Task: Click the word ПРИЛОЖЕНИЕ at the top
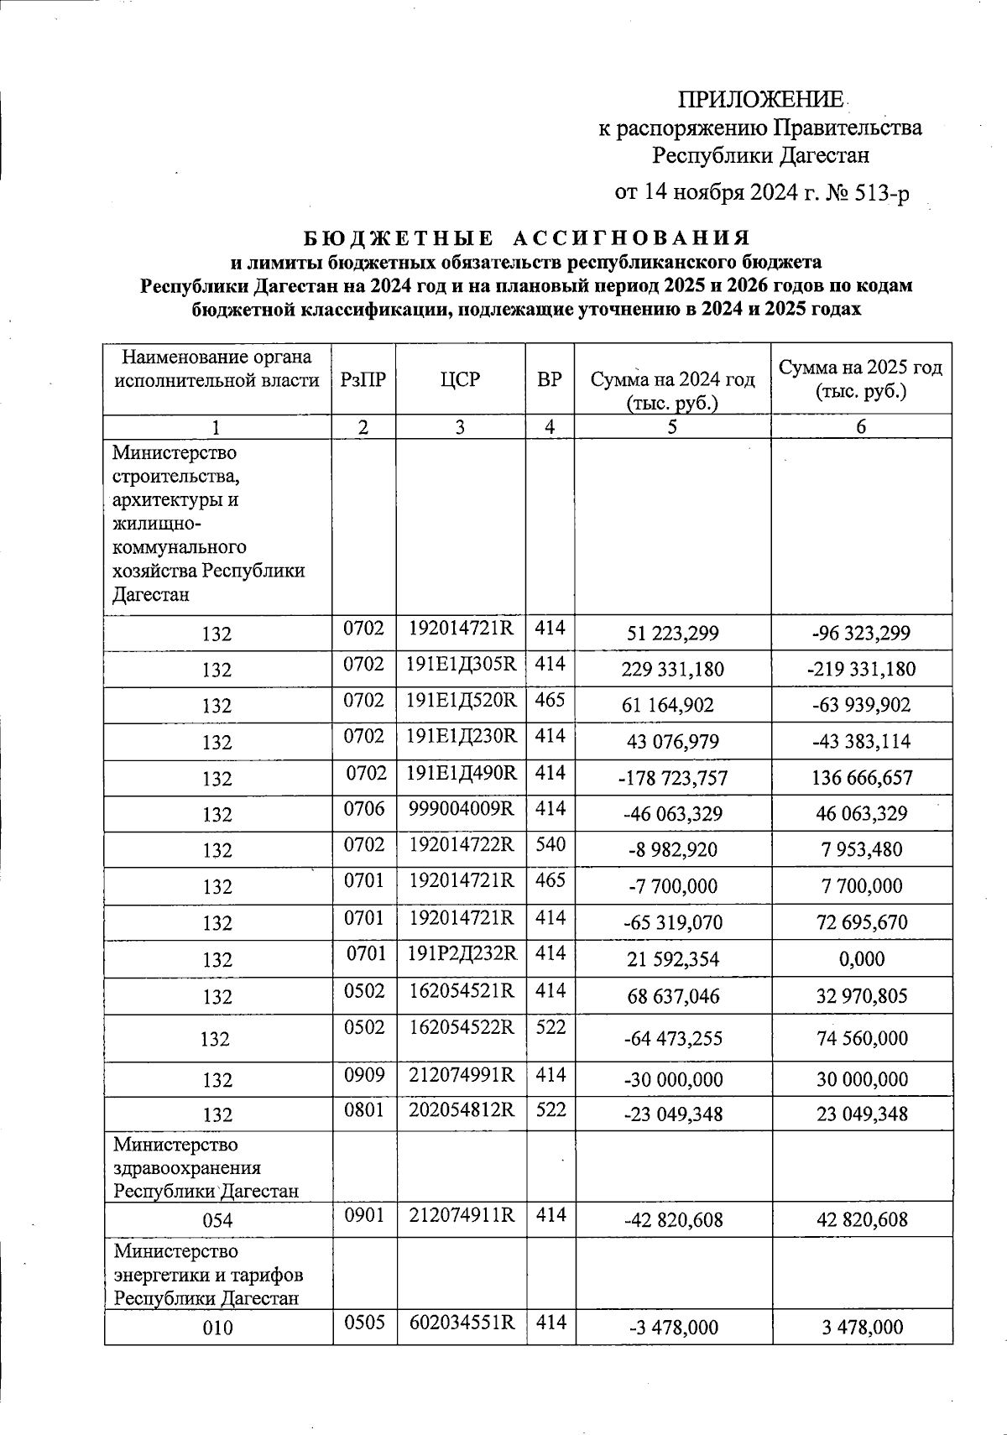[x=761, y=100]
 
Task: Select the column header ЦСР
[x=460, y=379]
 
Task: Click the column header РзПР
[x=363, y=379]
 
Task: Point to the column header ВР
[x=549, y=379]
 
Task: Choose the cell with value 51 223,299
[x=673, y=633]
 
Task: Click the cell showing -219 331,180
[x=861, y=670]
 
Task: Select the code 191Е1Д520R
[x=461, y=700]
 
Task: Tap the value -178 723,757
[x=673, y=778]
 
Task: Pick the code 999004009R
[x=461, y=809]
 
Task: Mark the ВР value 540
[x=550, y=845]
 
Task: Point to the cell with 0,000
[x=861, y=959]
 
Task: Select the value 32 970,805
[x=861, y=996]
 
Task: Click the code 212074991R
[x=461, y=1074]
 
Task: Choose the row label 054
[x=217, y=1221]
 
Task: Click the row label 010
[x=217, y=1328]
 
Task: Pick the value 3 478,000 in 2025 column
[x=861, y=1328]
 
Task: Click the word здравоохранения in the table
[x=187, y=1168]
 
